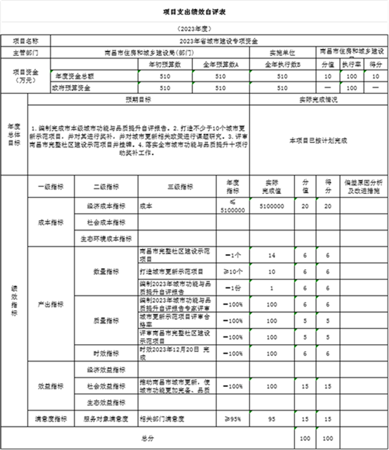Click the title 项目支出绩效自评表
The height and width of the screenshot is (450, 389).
(x=194, y=11)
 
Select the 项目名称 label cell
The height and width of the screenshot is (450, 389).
(x=25, y=41)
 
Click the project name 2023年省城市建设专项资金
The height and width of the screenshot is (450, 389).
(x=218, y=41)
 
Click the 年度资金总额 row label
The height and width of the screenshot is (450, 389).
(x=73, y=75)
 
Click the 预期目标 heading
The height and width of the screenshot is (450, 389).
(x=138, y=100)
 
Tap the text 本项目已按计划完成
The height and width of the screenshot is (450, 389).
(x=318, y=140)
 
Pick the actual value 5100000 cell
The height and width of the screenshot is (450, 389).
(x=272, y=207)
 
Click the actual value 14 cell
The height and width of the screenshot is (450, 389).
(x=272, y=255)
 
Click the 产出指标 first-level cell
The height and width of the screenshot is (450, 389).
(x=51, y=304)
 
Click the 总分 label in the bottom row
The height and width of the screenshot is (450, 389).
(x=147, y=438)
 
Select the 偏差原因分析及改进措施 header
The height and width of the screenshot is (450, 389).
(x=363, y=186)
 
